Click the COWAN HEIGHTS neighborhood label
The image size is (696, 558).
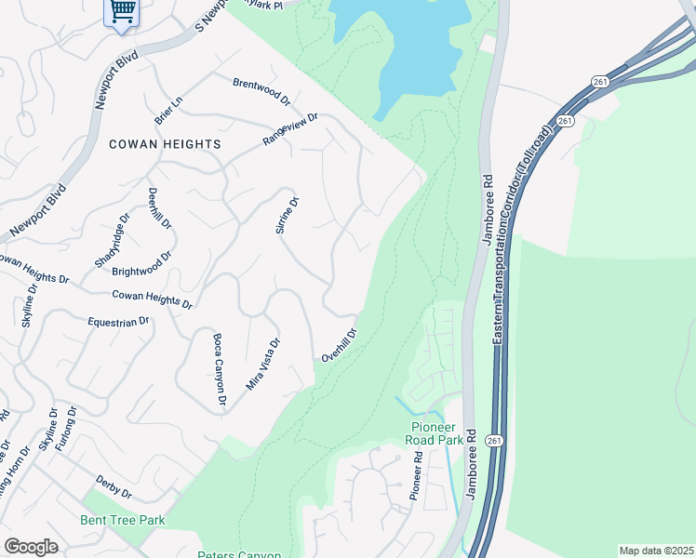click(x=165, y=144)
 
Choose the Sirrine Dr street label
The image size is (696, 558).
click(x=288, y=215)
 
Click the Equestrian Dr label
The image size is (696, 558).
click(x=118, y=322)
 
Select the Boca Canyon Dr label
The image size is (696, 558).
click(x=220, y=369)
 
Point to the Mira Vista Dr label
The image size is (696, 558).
click(x=263, y=363)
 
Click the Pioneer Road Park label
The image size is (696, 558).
click(x=437, y=433)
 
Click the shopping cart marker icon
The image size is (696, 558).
click(x=122, y=12)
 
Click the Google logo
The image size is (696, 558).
click(x=31, y=547)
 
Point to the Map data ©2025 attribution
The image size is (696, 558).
click(x=655, y=551)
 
